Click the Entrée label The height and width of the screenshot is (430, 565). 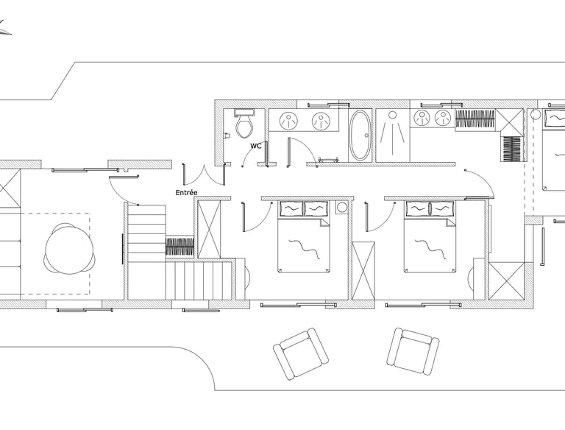[x=186, y=193]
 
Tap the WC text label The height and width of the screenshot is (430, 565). [x=255, y=146]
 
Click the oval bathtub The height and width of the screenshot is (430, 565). [x=360, y=135]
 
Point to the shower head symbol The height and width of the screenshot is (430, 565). [x=392, y=115]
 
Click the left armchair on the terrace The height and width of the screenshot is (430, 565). [x=300, y=354]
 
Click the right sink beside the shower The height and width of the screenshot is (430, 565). [x=442, y=118]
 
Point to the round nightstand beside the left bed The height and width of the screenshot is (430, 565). [x=341, y=208]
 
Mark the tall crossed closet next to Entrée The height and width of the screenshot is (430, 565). [x=210, y=229]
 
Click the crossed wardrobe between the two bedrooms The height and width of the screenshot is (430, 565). [x=363, y=271]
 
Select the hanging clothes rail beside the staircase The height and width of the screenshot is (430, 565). [x=180, y=247]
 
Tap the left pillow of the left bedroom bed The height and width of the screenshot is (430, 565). [x=291, y=209]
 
